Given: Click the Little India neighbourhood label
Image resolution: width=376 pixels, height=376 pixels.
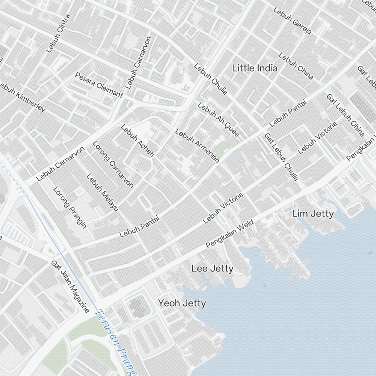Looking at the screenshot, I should point(255,68).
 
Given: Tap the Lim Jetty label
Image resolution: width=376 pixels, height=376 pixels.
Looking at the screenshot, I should point(313,214).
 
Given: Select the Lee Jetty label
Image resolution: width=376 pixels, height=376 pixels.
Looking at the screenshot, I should point(212,268).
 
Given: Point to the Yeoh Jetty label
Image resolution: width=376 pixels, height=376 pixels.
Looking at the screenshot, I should point(182,303).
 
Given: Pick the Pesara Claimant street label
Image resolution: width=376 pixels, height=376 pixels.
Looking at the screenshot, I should point(99,85).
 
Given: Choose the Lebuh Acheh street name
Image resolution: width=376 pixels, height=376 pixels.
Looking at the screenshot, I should point(137,141).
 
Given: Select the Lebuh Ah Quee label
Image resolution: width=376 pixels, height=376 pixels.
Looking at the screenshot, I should point(218,120).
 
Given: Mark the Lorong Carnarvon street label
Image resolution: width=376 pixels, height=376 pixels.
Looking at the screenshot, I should point(113,164).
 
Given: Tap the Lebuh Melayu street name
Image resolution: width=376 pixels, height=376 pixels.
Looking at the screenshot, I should point(102,192).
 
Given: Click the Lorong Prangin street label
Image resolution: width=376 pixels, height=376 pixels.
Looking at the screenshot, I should point(70,207).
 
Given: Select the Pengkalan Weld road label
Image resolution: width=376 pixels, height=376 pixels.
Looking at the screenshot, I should point(230,234).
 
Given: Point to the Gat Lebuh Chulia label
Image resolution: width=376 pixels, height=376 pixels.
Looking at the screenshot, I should point(281,157).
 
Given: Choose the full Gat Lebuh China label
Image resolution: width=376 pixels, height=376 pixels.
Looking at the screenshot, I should point(345,115).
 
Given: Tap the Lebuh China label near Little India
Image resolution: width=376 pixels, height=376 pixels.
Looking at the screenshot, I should point(296,66).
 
